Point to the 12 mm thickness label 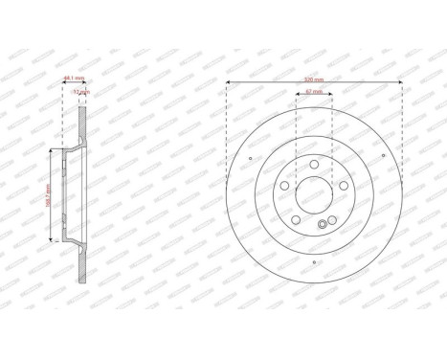point(81,92)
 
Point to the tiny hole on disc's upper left point(249,158)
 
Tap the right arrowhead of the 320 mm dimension point(400,83)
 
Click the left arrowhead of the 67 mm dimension point(298,97)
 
